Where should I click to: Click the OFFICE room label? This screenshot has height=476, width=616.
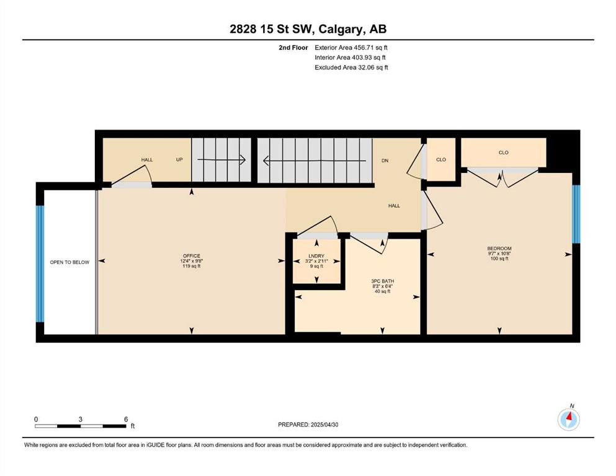pos(191,256)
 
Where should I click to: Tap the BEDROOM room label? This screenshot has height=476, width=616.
pos(499,249)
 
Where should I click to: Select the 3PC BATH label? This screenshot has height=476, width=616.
pos(382,281)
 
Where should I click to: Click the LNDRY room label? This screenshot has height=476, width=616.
pos(316,256)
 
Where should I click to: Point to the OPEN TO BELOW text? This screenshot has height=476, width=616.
pos(69,262)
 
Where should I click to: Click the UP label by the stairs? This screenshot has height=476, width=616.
pos(179,160)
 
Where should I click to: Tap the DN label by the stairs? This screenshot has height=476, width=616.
pos(385,161)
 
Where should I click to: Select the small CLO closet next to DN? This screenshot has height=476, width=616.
pos(441,159)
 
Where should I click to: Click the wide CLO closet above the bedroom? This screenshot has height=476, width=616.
pos(503,152)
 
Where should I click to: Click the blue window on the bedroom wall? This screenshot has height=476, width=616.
pos(576,214)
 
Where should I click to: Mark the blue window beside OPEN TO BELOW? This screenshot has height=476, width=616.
pos(40,263)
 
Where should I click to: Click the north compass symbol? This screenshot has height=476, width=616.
pos(568,420)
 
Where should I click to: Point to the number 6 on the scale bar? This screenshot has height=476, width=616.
pos(126,419)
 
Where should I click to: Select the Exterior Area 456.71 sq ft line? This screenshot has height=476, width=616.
pos(351,48)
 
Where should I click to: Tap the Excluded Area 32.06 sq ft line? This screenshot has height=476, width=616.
pos(351,68)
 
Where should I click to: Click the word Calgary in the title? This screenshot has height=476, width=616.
pos(340,29)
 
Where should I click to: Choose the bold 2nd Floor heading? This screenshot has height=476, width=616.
pos(293,48)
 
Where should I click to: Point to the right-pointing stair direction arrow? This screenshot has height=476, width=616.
pos(221,160)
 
